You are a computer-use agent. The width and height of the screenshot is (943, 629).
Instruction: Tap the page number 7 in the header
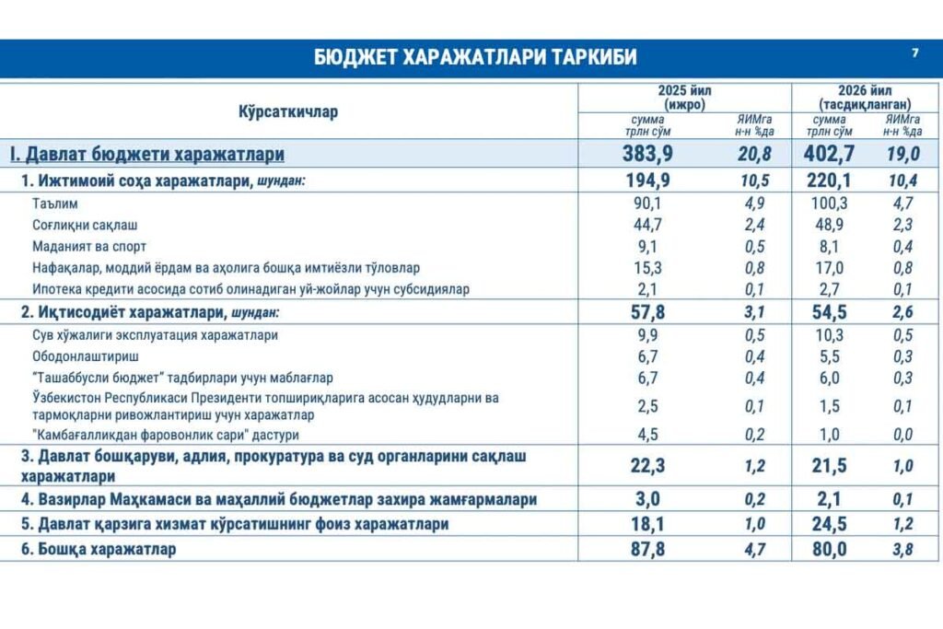pos(914,53)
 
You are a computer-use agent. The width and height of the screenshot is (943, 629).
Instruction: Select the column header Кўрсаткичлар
pos(288,111)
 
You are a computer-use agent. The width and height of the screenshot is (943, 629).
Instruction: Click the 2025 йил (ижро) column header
pos(683,98)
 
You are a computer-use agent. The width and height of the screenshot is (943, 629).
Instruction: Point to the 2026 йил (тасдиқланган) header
pos(856,98)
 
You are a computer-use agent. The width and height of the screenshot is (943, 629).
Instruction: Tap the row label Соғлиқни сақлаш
pos(85,225)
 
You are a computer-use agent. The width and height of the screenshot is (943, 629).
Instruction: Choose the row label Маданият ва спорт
pos(88,246)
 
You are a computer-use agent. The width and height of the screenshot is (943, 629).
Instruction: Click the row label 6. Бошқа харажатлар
pos(99,549)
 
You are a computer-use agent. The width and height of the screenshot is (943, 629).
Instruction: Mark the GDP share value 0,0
pos(903,435)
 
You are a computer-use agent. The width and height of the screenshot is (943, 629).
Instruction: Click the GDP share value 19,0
pos(903,154)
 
